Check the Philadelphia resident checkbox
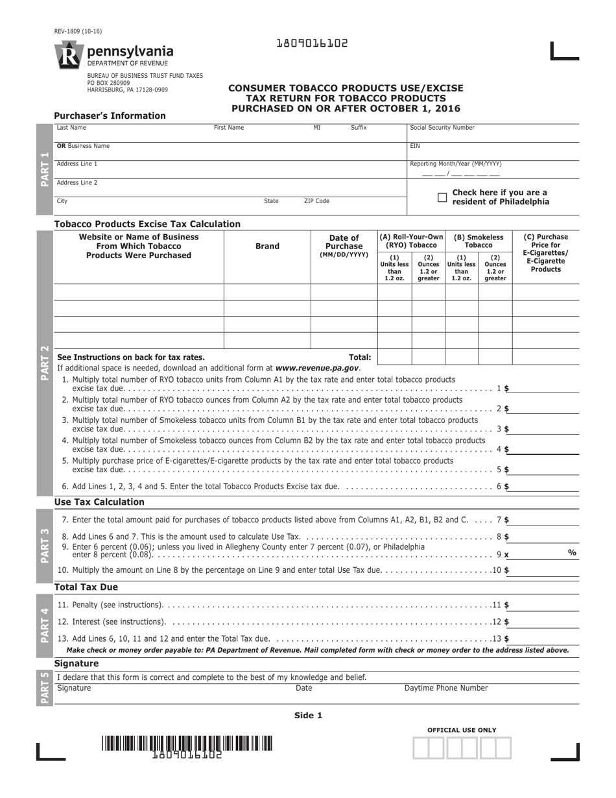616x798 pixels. tap(442, 197)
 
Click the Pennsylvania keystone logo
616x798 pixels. tap(68, 55)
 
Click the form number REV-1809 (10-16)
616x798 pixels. tap(78, 31)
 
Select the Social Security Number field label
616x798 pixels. tap(442, 128)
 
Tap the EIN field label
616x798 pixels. tap(415, 146)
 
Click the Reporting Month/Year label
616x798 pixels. tap(455, 164)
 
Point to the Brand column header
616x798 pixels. tap(267, 246)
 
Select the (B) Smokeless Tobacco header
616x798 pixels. tap(479, 241)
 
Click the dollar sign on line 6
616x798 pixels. tap(506, 486)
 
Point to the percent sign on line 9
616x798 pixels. tap(572, 552)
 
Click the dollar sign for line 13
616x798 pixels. tap(506, 639)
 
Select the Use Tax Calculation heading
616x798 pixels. tap(99, 502)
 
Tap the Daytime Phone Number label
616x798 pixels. tap(446, 688)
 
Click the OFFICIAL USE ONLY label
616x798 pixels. tap(462, 730)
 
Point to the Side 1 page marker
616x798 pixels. tap(308, 716)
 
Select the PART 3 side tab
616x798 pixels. tap(44, 546)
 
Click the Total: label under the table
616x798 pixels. tap(360, 357)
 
